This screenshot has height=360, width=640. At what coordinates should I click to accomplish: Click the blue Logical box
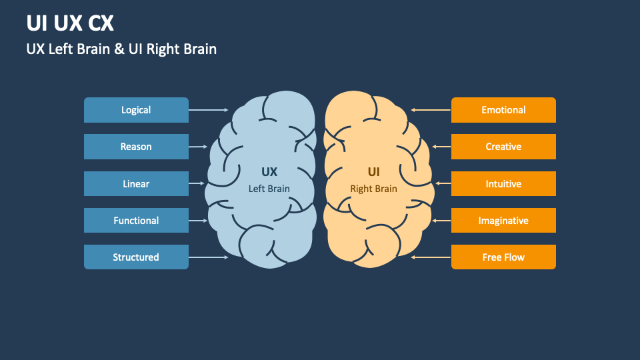[136, 110]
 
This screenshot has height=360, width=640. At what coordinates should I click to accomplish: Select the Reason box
[136, 147]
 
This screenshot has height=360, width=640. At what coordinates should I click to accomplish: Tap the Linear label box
[136, 184]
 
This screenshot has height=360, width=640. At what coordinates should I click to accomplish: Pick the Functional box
[136, 221]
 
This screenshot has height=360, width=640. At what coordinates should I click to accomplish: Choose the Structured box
[136, 257]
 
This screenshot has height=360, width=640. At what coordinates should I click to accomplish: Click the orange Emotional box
[503, 110]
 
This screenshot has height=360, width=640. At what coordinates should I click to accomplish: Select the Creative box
[503, 147]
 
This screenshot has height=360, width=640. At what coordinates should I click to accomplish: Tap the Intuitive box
[503, 184]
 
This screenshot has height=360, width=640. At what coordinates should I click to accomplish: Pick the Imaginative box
[503, 221]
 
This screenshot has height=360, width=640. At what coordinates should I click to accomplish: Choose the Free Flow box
[503, 257]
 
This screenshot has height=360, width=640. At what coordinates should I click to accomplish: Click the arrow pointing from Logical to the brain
[209, 110]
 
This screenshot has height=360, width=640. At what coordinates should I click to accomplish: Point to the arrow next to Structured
[209, 257]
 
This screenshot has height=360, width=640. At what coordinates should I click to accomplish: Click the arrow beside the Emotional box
[431, 110]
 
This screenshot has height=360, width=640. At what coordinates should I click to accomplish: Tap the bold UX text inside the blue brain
[269, 172]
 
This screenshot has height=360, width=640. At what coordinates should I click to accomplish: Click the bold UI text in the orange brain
[374, 172]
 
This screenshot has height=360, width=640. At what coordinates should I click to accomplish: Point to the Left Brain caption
[269, 189]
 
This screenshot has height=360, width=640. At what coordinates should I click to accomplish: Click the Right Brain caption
[374, 189]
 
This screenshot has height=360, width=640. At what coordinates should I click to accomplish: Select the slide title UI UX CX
[70, 23]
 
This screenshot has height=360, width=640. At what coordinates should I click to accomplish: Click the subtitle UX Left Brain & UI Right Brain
[121, 49]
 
